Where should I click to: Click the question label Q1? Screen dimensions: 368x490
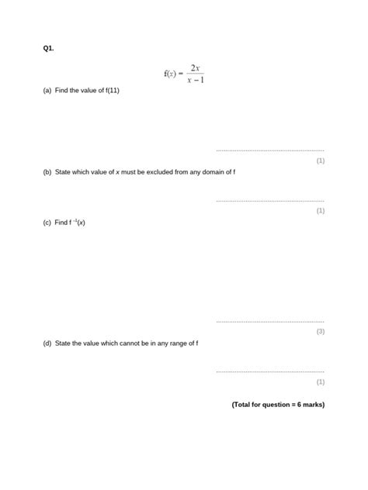(x=48, y=48)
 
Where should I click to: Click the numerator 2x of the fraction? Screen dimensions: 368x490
(x=196, y=68)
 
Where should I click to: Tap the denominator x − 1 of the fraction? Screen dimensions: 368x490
(x=196, y=80)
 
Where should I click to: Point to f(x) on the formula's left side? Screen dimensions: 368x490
(x=171, y=74)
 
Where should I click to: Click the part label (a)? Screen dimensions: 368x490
(x=47, y=91)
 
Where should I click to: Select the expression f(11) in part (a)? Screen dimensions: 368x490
(x=109, y=91)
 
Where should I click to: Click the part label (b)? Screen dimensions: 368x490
(x=47, y=172)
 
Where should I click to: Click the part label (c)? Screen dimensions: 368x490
(x=47, y=223)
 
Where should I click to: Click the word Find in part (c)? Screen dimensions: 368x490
(x=61, y=223)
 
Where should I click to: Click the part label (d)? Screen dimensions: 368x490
(x=47, y=343)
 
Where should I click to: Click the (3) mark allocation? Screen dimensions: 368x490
(x=320, y=331)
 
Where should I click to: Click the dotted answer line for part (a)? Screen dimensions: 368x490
(x=269, y=150)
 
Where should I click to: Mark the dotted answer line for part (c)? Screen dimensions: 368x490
(x=269, y=321)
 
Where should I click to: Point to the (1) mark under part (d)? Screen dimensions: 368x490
(x=320, y=381)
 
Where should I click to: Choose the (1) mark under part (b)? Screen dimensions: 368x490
(x=320, y=210)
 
